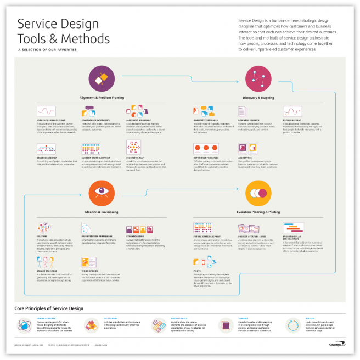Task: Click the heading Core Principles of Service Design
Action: pos(49,310)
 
